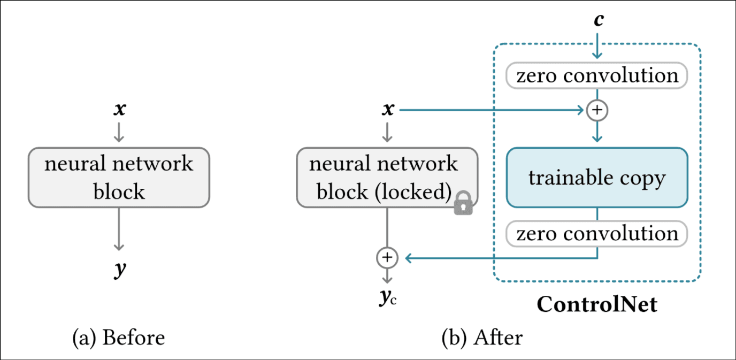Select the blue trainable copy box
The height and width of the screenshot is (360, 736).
[x=597, y=178]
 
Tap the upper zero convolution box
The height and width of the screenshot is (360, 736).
[x=597, y=75]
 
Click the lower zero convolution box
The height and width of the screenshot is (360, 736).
[x=597, y=234]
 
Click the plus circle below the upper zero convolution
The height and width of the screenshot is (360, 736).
[x=597, y=110]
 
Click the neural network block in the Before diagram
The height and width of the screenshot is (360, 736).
[x=119, y=178]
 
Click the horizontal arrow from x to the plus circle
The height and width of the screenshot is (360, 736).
[x=492, y=110]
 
